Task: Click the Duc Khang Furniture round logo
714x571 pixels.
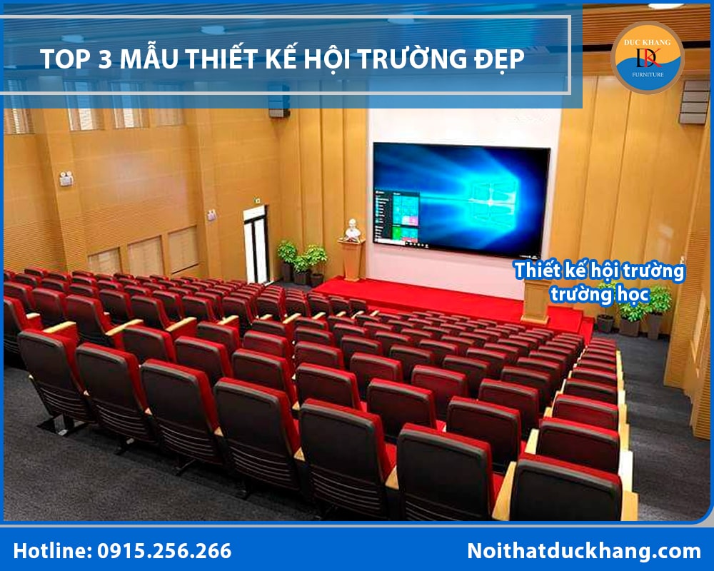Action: pos(648,57)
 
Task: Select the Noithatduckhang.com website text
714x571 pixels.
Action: pos(583,551)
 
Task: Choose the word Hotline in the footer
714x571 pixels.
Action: pos(51,551)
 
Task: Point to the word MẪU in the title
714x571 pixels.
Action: pos(146,59)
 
